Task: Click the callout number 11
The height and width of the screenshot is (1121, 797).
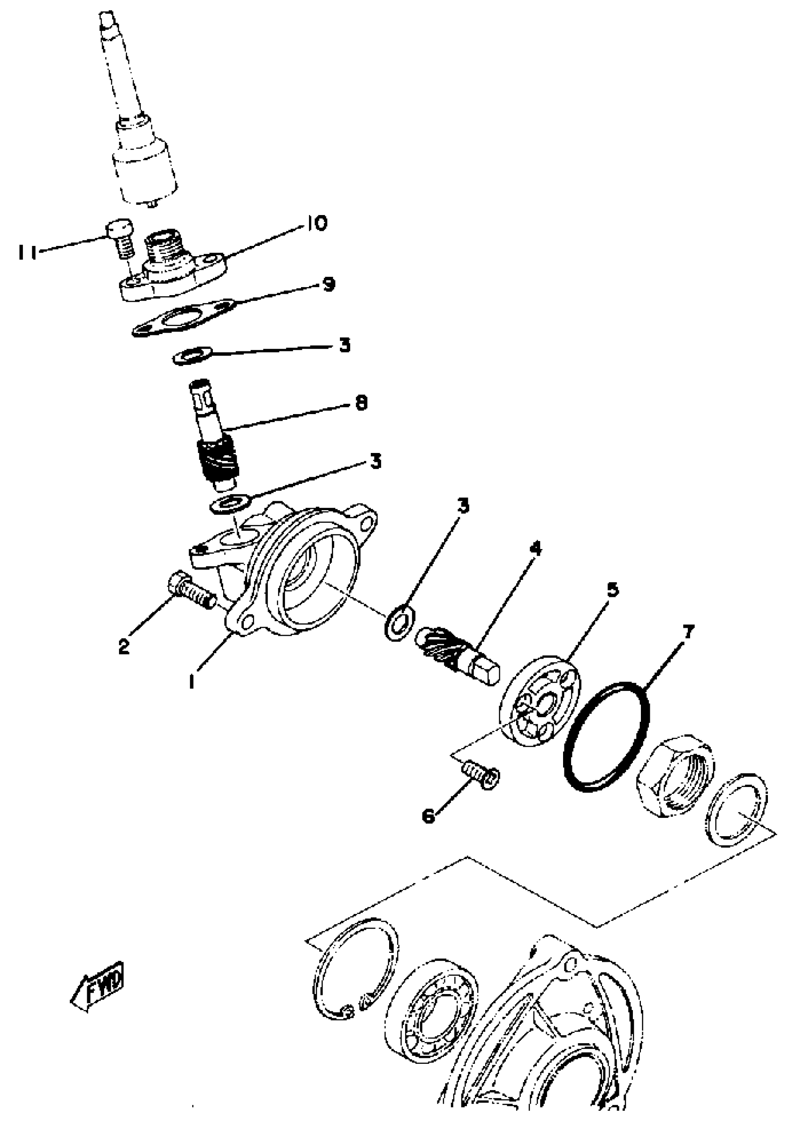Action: click(28, 253)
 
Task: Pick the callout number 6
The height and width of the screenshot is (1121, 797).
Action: click(429, 817)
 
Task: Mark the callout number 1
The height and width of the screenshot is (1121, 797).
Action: click(192, 681)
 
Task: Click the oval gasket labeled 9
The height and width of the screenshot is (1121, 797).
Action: click(184, 318)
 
